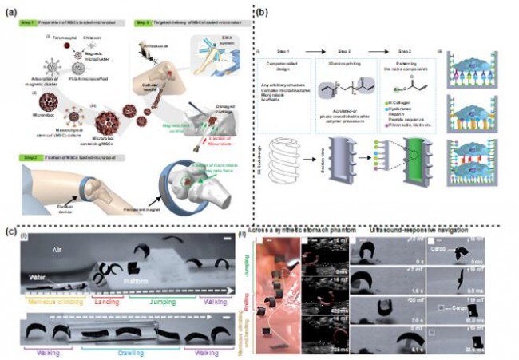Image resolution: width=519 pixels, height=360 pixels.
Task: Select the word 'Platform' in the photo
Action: click(125, 281)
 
